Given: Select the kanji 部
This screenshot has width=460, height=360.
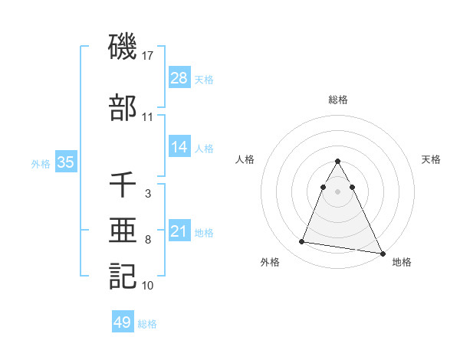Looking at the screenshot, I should click(123, 108).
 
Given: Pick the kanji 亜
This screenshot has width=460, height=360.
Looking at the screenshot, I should click(123, 231).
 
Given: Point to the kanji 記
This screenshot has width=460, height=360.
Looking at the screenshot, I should click(123, 277).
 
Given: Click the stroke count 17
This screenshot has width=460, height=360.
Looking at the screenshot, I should click(149, 55).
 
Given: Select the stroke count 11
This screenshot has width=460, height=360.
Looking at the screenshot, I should click(148, 117).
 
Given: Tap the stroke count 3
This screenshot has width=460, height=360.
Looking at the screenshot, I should click(147, 194).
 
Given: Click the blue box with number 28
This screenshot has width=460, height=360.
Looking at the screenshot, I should click(179, 77).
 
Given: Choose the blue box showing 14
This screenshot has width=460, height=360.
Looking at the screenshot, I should click(179, 148).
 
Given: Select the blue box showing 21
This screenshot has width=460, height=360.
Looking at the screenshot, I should click(179, 231).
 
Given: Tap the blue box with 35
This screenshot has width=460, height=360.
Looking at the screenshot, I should click(66, 162).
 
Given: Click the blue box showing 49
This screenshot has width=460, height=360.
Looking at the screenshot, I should click(123, 322).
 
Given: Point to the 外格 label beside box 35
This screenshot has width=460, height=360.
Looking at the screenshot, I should click(41, 163).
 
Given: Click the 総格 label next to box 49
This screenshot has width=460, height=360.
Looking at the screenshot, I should click(147, 324).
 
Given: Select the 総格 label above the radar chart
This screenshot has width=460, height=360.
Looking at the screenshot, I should click(338, 100).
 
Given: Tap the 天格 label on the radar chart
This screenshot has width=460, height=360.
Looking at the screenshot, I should click(432, 159).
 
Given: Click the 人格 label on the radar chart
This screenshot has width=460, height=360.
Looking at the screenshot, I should click(245, 159).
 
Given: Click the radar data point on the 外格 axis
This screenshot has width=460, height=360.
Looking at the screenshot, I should click(302, 242).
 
